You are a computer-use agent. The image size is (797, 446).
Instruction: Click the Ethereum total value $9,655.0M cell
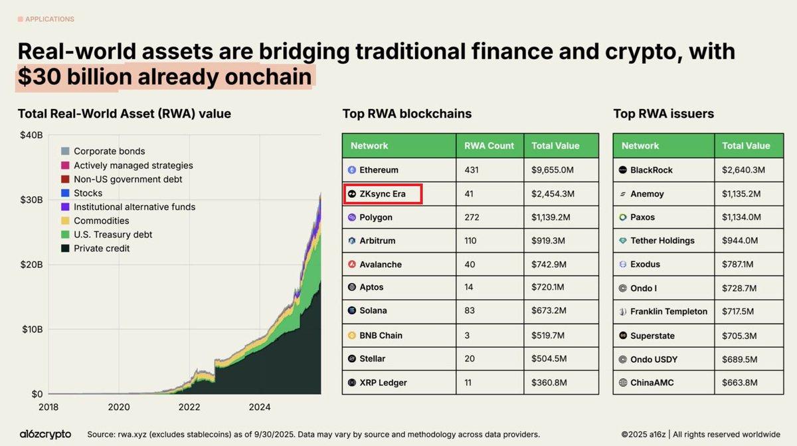click(553, 170)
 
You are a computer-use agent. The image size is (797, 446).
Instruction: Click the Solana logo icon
click(352, 310)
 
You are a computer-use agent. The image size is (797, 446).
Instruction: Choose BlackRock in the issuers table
click(651, 170)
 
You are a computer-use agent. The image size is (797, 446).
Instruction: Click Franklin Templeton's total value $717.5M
click(742, 311)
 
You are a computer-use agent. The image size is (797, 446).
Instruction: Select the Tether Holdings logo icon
click(622, 241)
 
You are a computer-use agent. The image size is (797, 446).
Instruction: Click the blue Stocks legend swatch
click(65, 193)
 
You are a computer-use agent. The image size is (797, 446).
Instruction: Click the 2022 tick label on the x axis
click(189, 407)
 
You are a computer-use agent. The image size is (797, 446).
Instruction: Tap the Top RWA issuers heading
click(664, 114)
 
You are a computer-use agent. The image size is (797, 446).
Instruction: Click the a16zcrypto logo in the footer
click(45, 434)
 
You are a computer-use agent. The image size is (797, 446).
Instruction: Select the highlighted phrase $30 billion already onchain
click(165, 78)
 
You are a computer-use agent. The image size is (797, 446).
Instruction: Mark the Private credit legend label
click(102, 249)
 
